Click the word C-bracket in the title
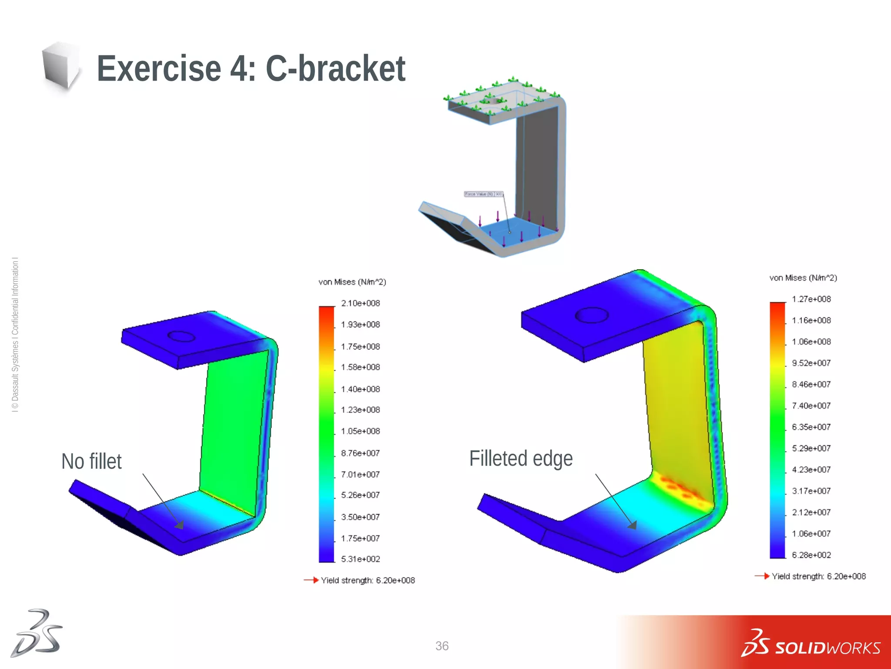[x=335, y=68]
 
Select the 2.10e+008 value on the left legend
[x=360, y=303]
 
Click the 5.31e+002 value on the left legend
[x=360, y=559]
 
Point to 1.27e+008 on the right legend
[x=811, y=299]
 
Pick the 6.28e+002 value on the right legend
[x=811, y=555]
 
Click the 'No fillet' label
[x=91, y=462]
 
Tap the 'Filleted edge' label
[x=521, y=459]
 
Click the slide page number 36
[x=442, y=646]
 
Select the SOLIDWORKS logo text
[x=827, y=648]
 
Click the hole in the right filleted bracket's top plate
[x=592, y=315]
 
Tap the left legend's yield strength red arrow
[x=311, y=580]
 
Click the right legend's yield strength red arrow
[x=762, y=576]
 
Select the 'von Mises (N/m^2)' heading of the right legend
[x=803, y=278]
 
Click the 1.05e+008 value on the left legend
[x=360, y=431]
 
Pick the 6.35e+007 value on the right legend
[x=811, y=427]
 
